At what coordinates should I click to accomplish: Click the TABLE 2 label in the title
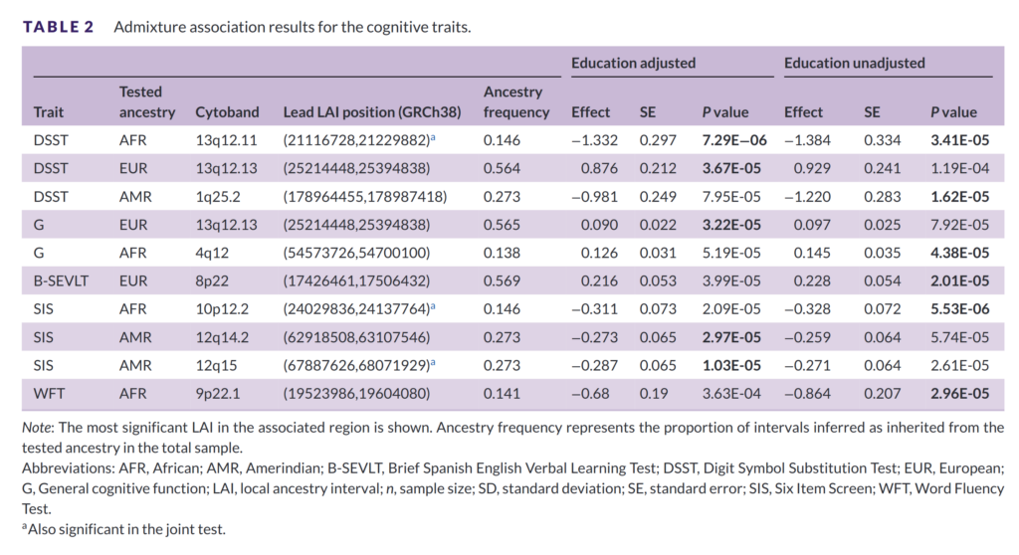point(59,27)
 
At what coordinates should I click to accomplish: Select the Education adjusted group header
point(633,64)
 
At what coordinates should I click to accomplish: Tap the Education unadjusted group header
point(854,64)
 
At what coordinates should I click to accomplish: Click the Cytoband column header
point(227,112)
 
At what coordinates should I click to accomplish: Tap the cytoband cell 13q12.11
point(227,141)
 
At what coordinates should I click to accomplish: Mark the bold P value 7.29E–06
point(732,141)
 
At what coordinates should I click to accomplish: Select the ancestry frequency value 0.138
point(502,254)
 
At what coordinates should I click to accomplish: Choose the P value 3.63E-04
point(731,393)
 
